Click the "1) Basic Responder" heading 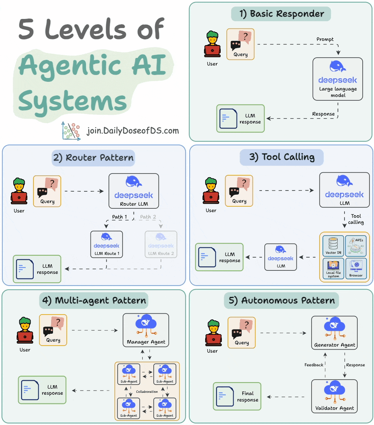point(281,14)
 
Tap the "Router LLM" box point(133,191)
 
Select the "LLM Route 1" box point(106,244)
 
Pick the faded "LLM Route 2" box point(161,244)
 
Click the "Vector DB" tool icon point(333,245)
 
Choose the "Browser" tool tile point(356,268)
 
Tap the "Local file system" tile point(333,268)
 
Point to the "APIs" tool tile point(356,245)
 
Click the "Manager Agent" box point(146,330)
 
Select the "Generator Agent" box point(335,333)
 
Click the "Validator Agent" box point(335,396)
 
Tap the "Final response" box point(237,397)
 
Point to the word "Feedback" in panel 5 point(314,365)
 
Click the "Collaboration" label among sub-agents point(147,392)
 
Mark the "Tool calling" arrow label point(356,219)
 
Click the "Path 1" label point(120,217)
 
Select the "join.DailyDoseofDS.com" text point(132,131)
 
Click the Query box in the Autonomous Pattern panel point(242,332)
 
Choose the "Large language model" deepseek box point(338,79)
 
